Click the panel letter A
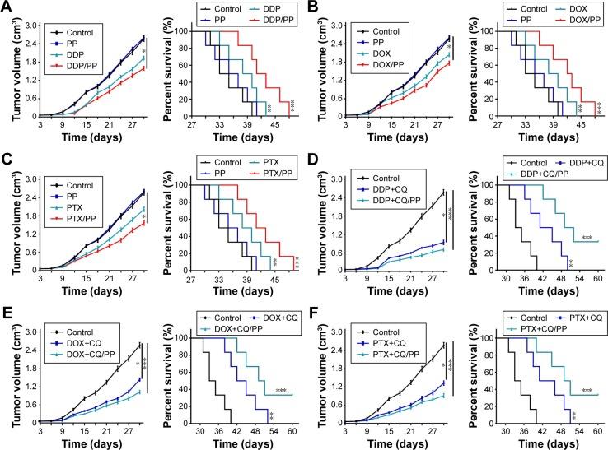(7, 7)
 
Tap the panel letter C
(7, 156)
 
